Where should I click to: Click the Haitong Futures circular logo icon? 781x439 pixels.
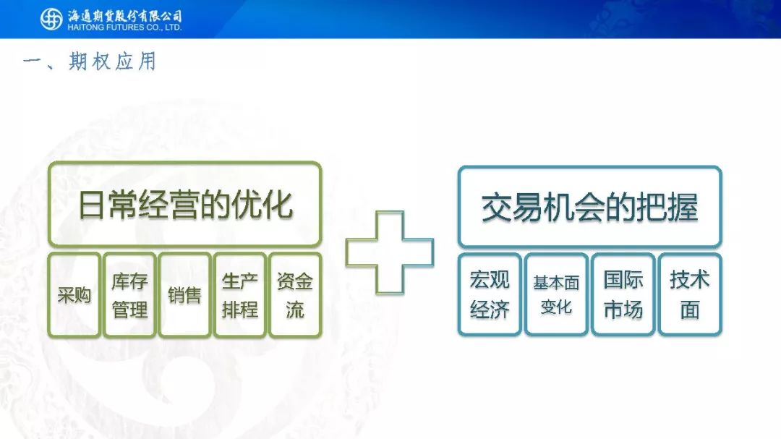click(x=51, y=19)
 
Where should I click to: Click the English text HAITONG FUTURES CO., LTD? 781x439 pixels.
click(x=124, y=27)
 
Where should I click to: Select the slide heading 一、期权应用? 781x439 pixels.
click(x=90, y=61)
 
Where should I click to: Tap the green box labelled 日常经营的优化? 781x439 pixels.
click(x=185, y=204)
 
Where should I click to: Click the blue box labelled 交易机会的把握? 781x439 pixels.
click(x=590, y=207)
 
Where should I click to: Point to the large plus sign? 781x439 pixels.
click(x=390, y=252)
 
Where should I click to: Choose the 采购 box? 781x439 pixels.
click(x=74, y=295)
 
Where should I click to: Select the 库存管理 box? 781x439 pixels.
click(x=129, y=295)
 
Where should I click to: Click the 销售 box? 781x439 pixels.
click(x=185, y=295)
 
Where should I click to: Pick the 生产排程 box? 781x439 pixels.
click(x=239, y=295)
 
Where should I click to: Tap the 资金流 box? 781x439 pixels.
click(x=295, y=295)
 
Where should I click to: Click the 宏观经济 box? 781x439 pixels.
click(x=490, y=294)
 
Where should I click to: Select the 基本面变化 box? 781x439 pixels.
click(x=556, y=294)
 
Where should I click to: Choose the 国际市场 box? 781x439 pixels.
click(x=623, y=294)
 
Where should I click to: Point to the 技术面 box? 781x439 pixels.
click(x=690, y=294)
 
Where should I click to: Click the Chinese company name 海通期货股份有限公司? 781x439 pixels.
click(x=124, y=16)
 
